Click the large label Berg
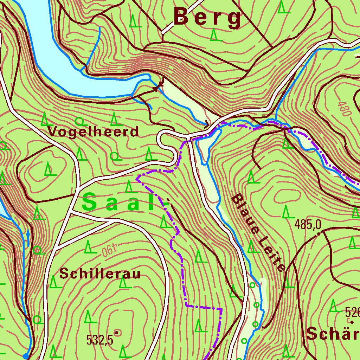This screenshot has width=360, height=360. pos(208,17)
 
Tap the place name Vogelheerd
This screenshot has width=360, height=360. pos(94,132)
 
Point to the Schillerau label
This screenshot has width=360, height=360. pos(100,274)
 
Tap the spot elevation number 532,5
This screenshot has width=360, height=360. pos(100,340)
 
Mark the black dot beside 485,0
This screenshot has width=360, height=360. pos(319,233)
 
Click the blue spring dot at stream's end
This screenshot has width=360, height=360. pos(26,356)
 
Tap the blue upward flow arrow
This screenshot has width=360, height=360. pos(28,237)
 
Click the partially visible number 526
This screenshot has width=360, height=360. pos(352,312)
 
